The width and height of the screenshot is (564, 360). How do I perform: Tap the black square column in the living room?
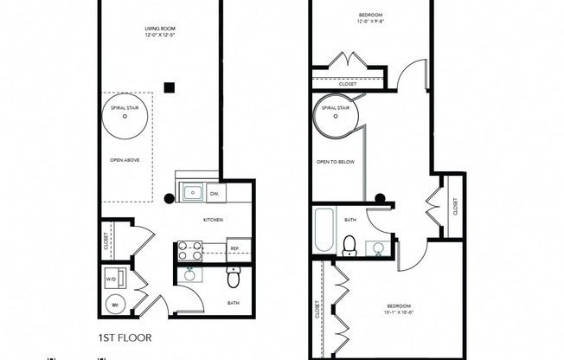tap(170, 87)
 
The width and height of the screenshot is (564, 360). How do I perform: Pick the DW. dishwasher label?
tap(215, 192)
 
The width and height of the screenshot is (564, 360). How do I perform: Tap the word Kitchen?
tap(214, 220)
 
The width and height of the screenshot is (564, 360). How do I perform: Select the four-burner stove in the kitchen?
tap(190, 250)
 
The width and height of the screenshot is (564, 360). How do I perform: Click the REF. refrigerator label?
tap(234, 249)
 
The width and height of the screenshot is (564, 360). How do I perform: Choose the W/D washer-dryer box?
tap(113, 280)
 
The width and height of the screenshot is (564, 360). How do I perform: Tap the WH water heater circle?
tap(113, 304)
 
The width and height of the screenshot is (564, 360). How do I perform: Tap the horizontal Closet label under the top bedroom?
tap(349, 84)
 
